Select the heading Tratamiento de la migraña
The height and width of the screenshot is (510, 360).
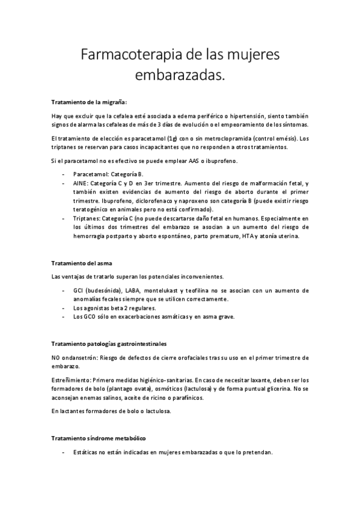point(89,102)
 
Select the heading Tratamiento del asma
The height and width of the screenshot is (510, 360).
point(81,264)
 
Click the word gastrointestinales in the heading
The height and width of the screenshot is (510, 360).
point(138,343)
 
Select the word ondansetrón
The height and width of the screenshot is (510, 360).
point(79,357)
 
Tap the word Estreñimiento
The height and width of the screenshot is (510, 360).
point(72,380)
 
